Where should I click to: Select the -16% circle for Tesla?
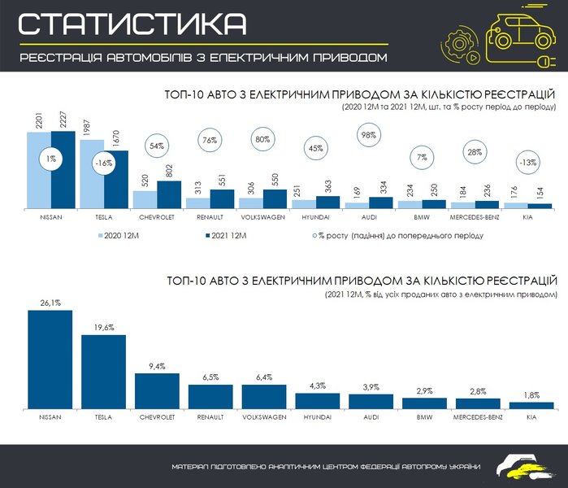[102, 162]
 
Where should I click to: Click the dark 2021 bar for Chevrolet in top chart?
[169, 195]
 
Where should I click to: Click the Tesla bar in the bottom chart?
[102, 370]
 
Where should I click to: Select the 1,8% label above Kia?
[531, 394]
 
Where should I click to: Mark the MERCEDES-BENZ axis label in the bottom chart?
[477, 416]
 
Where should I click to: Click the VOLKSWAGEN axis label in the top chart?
[263, 218]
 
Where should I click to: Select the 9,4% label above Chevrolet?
[156, 366]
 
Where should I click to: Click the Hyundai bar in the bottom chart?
[316, 399]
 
